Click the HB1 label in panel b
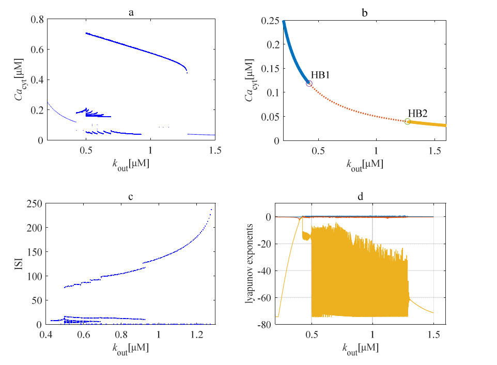[320, 75]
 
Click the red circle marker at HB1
[309, 83]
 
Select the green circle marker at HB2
[408, 121]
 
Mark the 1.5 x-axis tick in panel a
[215, 150]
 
